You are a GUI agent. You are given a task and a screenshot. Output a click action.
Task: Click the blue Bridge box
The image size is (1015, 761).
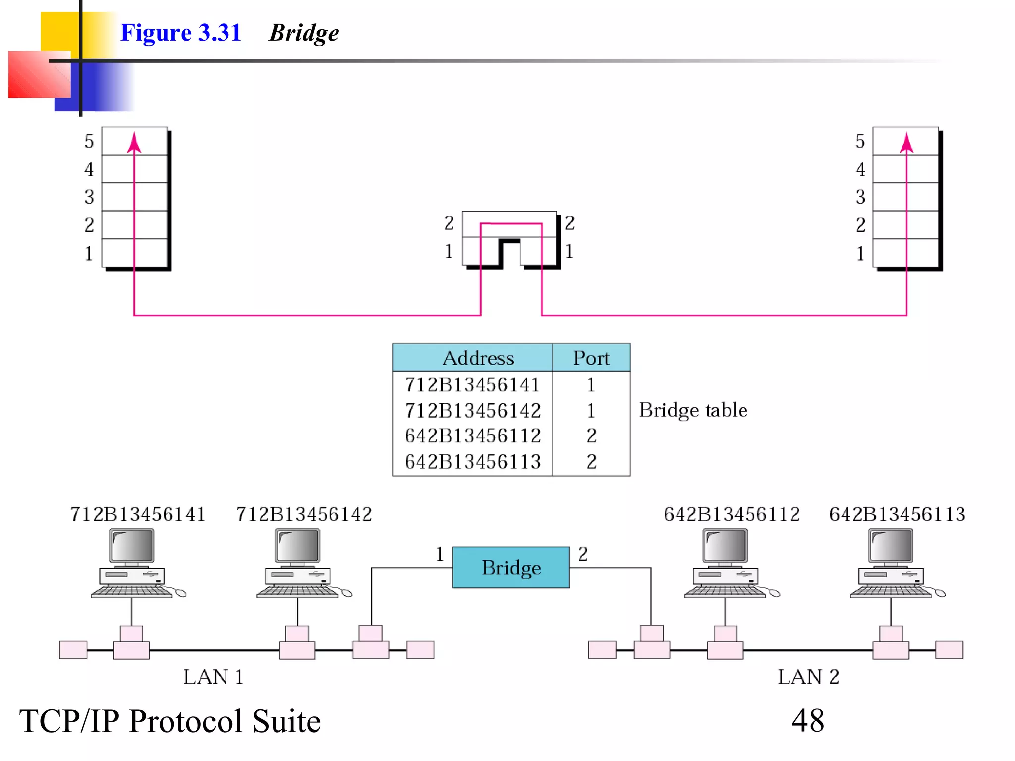click(511, 567)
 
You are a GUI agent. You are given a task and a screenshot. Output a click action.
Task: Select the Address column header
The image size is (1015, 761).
click(478, 358)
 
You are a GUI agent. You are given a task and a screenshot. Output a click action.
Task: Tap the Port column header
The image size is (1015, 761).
click(591, 358)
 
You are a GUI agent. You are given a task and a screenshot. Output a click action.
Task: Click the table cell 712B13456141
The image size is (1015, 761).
click(472, 385)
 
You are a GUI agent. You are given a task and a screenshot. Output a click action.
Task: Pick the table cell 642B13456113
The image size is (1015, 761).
click(472, 462)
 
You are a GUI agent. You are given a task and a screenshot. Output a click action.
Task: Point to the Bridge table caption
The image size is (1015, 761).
click(692, 410)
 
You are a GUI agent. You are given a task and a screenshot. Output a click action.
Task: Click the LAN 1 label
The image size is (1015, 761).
click(213, 677)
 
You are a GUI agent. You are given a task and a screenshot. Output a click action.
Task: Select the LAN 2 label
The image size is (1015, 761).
click(808, 677)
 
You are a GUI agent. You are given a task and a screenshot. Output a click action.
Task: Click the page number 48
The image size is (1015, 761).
click(808, 720)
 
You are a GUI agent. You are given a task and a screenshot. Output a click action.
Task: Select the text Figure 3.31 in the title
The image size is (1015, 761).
click(180, 33)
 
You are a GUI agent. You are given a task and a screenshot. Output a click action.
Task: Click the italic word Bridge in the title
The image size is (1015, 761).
click(303, 33)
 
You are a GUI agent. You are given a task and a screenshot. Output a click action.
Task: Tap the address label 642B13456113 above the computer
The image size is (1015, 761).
click(897, 514)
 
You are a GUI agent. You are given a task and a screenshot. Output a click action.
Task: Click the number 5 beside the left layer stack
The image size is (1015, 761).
click(89, 141)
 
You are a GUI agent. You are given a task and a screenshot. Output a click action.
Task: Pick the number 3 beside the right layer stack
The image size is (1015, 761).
click(860, 197)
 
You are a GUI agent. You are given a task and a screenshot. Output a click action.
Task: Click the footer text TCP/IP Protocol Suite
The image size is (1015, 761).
click(170, 721)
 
